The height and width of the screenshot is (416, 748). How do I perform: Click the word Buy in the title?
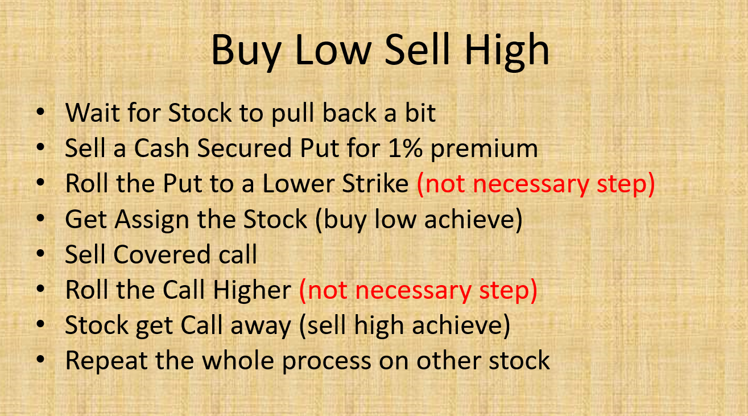pyautogui.click(x=246, y=52)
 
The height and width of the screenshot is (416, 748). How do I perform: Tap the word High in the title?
pyautogui.click(x=507, y=52)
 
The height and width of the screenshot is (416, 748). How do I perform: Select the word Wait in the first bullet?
pyautogui.click(x=93, y=113)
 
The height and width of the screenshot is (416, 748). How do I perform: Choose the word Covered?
pyautogui.click(x=162, y=254)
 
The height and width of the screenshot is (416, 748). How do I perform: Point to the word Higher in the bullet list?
pyautogui.click(x=252, y=291)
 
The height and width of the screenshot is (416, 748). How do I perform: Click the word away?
pyautogui.click(x=261, y=327)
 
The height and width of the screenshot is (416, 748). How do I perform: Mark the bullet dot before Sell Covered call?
pyautogui.click(x=40, y=254)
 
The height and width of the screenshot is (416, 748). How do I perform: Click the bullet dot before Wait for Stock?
pyautogui.click(x=40, y=112)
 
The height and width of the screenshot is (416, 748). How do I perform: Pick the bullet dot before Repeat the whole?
pyautogui.click(x=40, y=360)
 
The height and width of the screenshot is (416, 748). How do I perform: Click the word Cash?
pyautogui.click(x=162, y=149)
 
